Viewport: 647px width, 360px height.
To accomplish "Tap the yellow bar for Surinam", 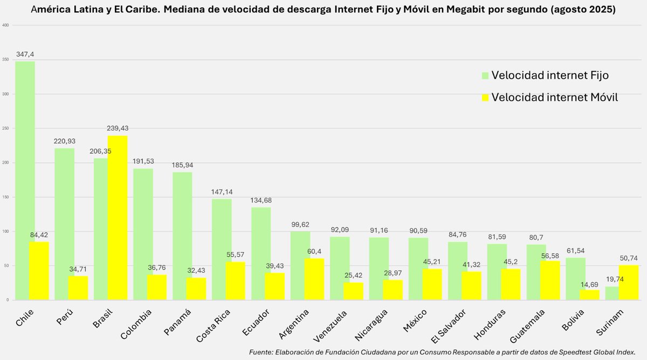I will (x=629, y=282).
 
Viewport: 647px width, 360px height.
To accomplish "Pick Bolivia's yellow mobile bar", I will (x=589, y=295).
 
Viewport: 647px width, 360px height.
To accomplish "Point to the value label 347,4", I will (x=25, y=54).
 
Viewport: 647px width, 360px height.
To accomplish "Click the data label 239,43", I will (x=118, y=128).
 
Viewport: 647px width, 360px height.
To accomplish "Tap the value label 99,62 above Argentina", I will (x=300, y=225).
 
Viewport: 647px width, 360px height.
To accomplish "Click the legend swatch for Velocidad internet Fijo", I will (x=485, y=75).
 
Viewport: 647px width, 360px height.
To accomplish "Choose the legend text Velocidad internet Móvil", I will (x=554, y=98).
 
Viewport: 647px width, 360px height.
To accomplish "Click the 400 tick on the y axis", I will (x=5, y=25).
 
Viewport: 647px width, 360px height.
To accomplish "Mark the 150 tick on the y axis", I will (x=5, y=197).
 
